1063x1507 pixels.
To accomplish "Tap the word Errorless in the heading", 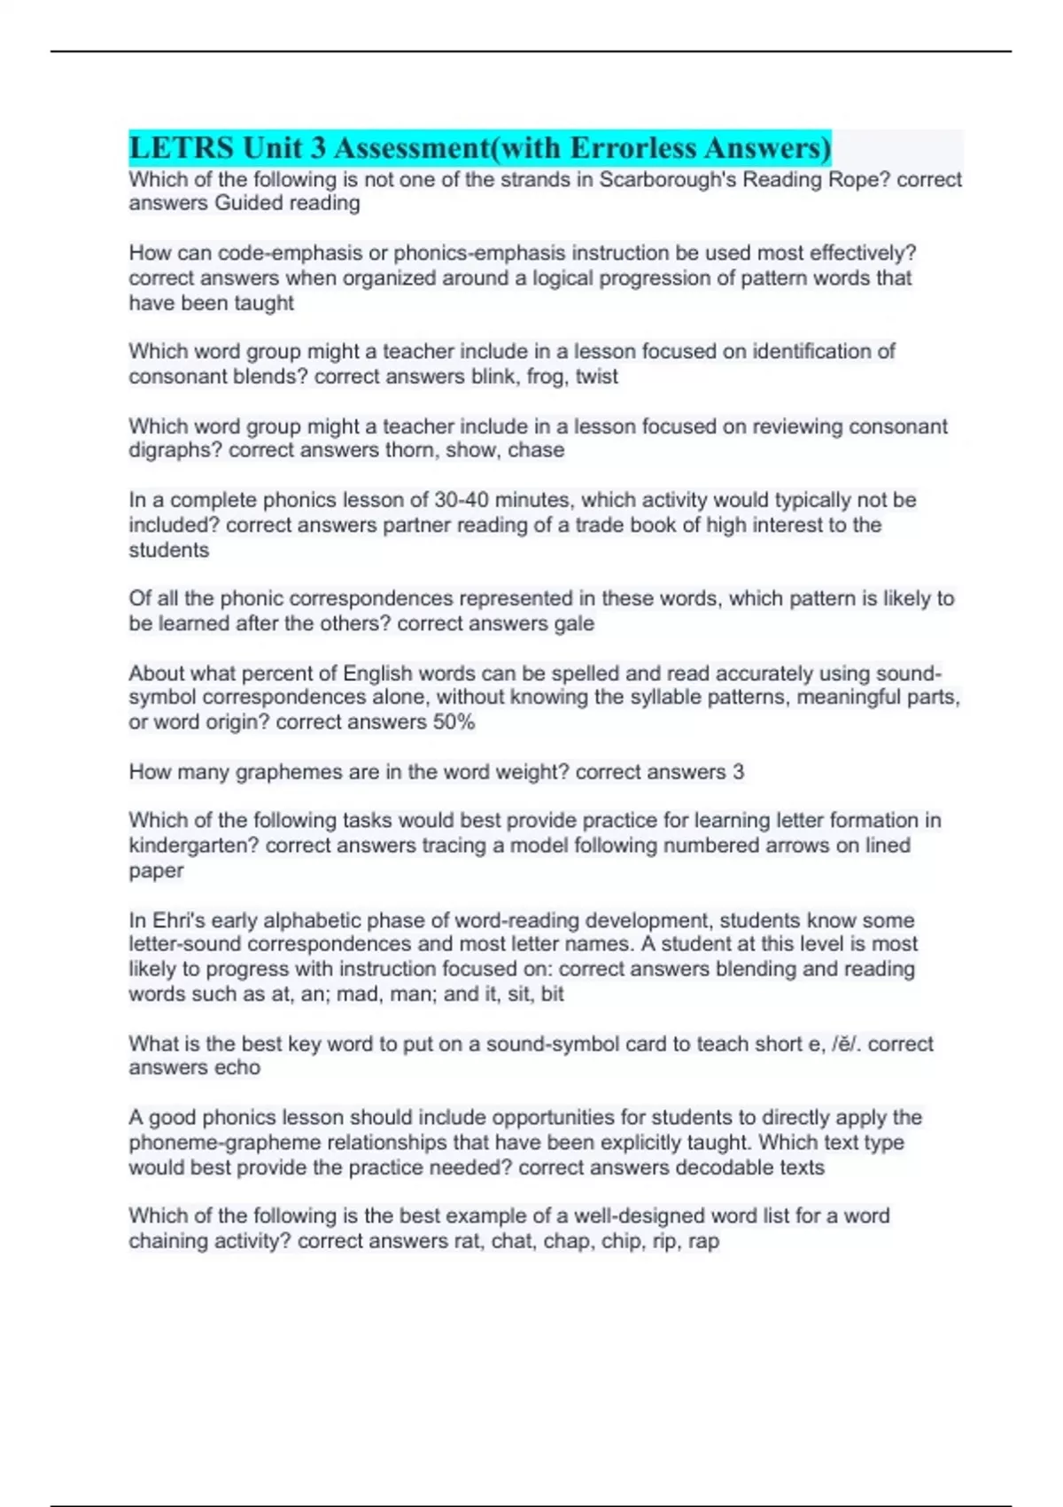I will pos(632,147).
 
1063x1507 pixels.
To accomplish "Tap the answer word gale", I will pos(574,624).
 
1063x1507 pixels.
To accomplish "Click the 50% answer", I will pos(454,722).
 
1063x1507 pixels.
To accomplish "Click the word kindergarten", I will pos(194,846).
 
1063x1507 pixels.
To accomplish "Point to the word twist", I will pos(597,377).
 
